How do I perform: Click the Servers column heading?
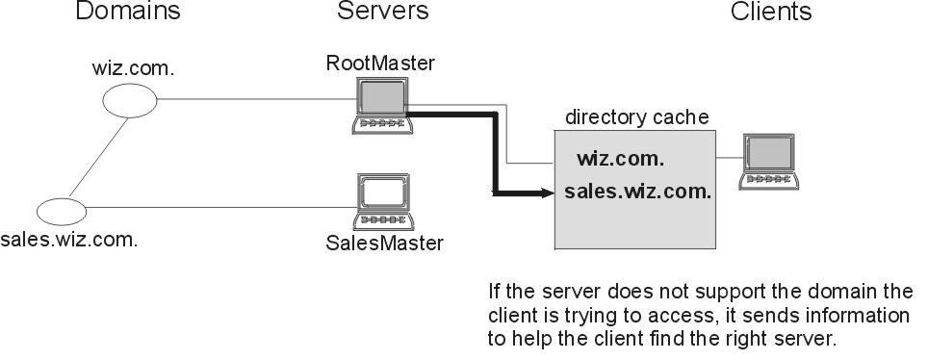tap(382, 13)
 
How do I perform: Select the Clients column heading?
tap(771, 13)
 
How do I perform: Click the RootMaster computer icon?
tap(381, 105)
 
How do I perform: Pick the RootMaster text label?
tap(380, 64)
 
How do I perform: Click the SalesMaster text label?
tap(384, 243)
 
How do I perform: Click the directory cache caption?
tap(636, 117)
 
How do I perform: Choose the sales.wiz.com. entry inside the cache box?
tap(637, 191)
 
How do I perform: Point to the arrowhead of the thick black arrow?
tap(550, 193)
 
